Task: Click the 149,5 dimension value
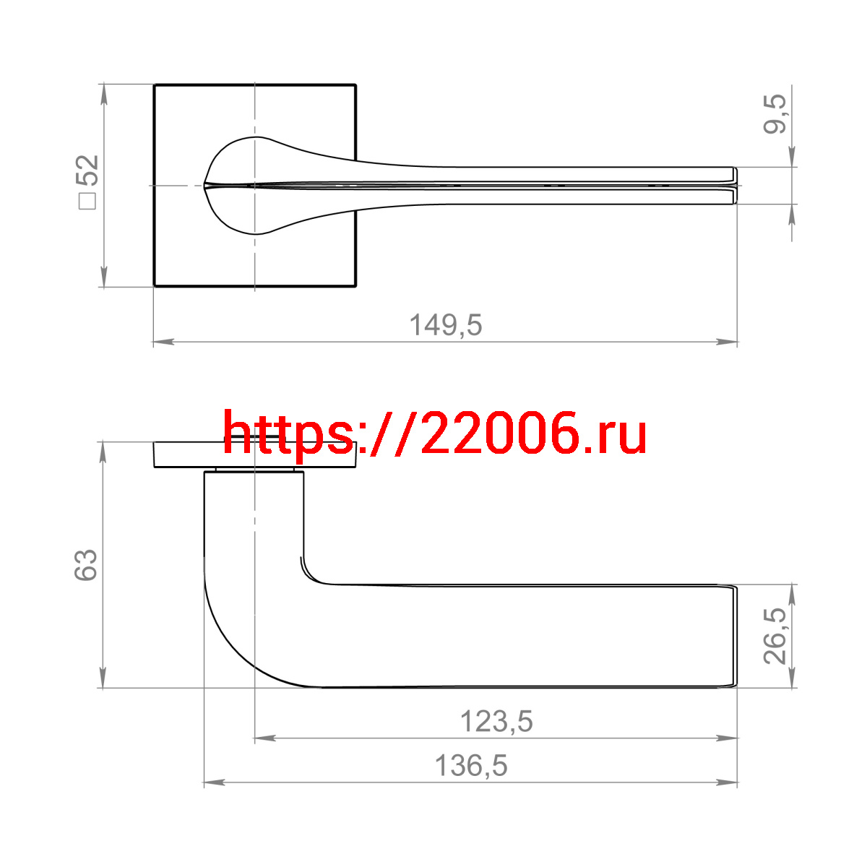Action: [446, 324]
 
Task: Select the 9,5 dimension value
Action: [775, 114]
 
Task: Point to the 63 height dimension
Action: [85, 565]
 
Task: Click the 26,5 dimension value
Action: [775, 636]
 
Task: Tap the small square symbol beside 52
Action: [87, 201]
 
